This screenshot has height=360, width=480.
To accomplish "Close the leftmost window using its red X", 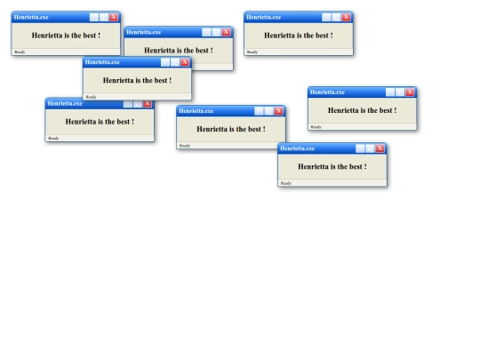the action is point(114,17).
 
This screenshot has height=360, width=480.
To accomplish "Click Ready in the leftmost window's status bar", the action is point(20,52).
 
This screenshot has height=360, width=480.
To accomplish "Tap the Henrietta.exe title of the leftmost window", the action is point(31,17).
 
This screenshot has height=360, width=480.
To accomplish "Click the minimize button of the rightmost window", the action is point(390,92).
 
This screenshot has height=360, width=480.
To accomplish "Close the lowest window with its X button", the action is point(380,148).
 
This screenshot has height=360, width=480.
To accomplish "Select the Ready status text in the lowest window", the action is point(286,183).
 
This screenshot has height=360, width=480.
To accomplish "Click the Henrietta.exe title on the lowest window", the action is point(297,148).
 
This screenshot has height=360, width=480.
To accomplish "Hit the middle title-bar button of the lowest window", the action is point(370,148).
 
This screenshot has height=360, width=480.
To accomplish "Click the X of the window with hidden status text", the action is point(227,32).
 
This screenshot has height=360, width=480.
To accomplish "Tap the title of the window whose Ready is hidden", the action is point(144,32).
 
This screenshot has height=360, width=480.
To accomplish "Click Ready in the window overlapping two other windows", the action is point(91,97).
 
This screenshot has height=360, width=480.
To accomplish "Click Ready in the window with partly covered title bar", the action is point(53,139).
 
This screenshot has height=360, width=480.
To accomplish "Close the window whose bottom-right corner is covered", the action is point(278,111).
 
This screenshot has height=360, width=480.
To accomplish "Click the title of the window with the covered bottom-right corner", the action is point(196,111).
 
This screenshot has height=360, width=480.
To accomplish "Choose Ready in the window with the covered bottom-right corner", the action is point(185,146).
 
